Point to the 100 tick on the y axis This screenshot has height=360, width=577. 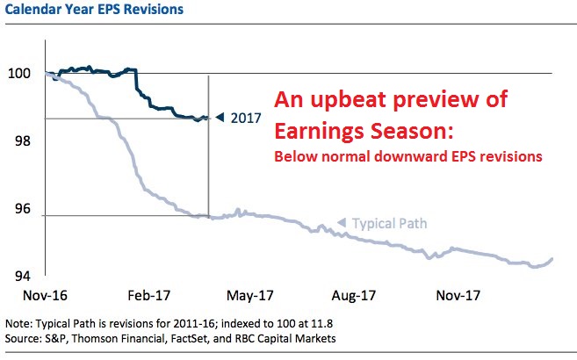[x=18, y=74]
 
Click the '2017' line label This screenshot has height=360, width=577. [x=246, y=118]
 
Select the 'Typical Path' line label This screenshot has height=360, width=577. [x=389, y=224]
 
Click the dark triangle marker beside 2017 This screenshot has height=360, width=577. [x=221, y=117]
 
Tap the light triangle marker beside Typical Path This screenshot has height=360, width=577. [x=342, y=223]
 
